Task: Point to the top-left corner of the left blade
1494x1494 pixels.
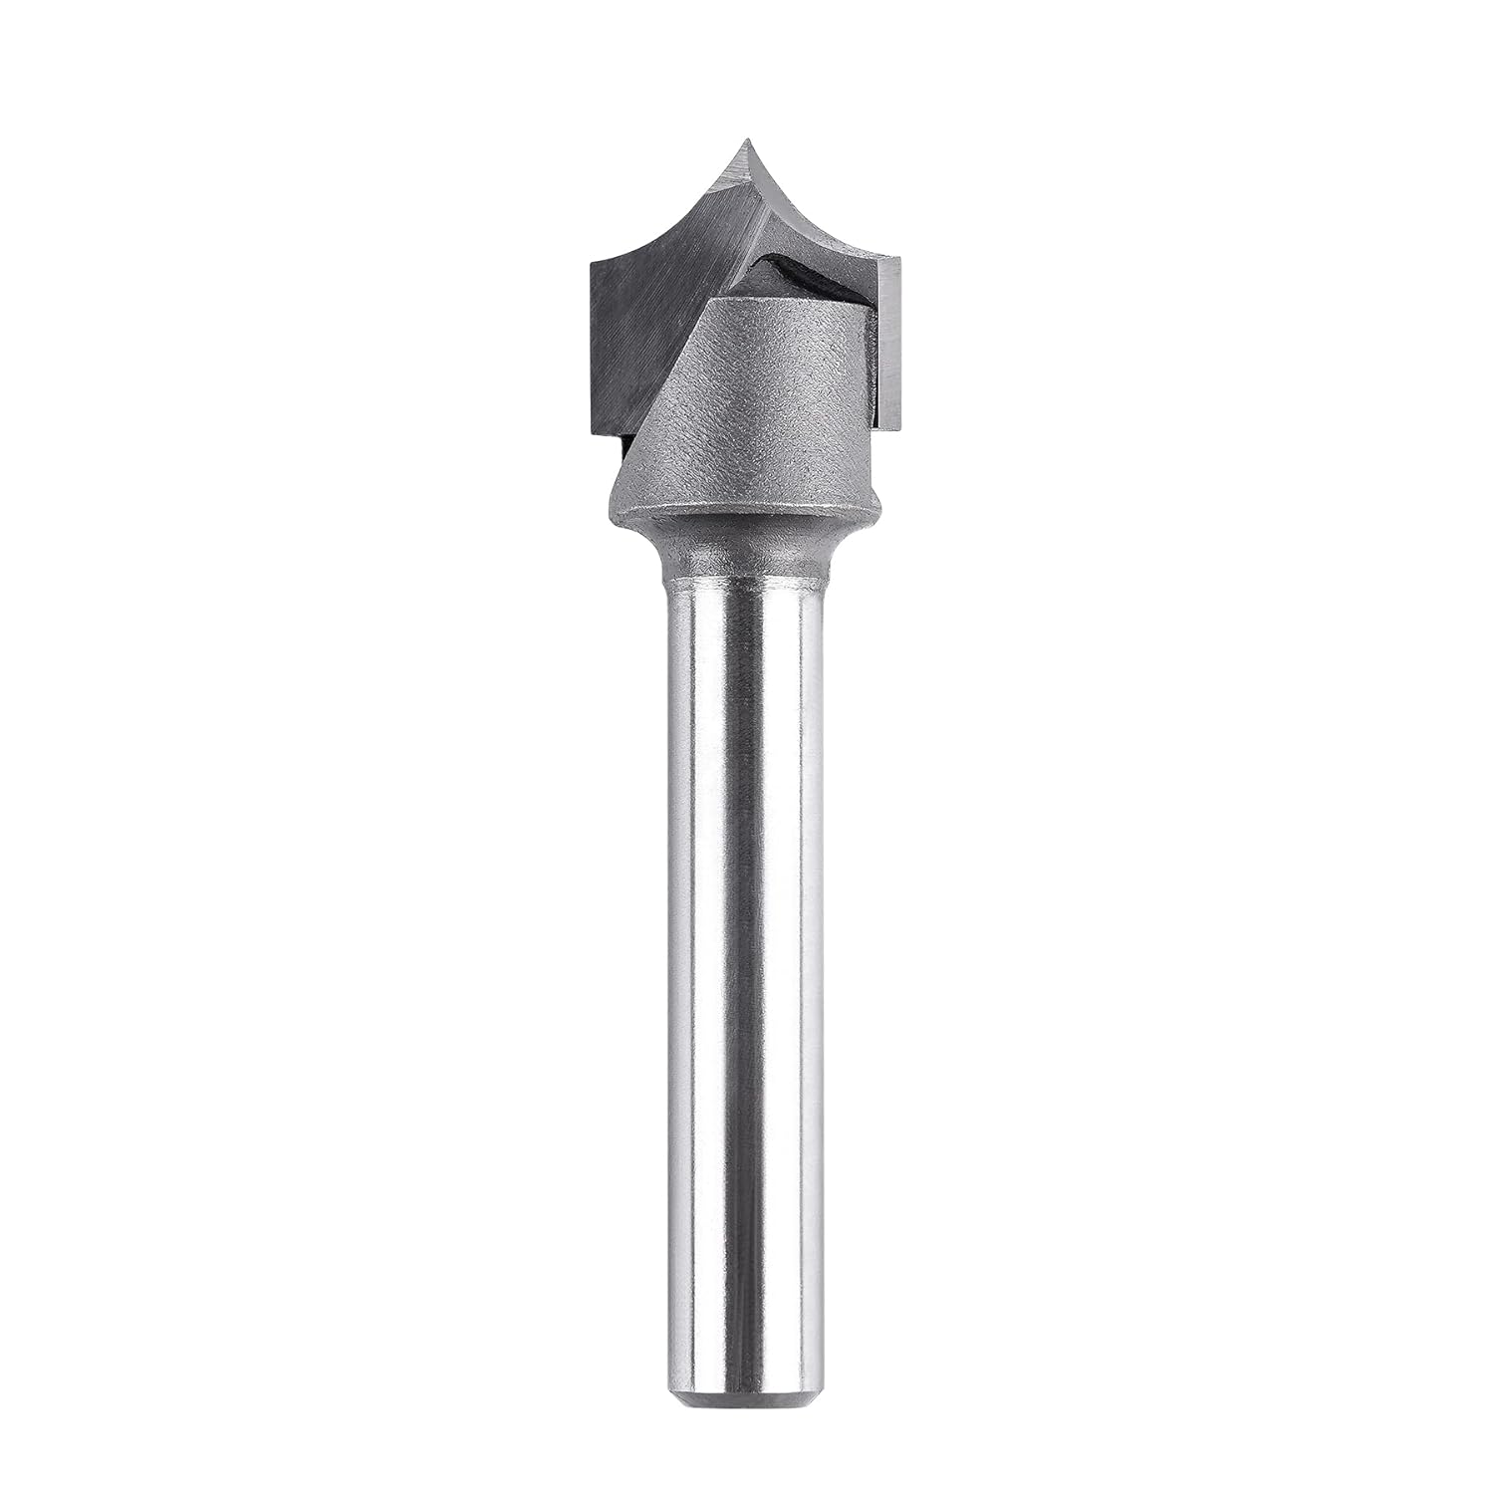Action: [592, 261]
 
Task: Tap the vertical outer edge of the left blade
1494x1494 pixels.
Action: [593, 349]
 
